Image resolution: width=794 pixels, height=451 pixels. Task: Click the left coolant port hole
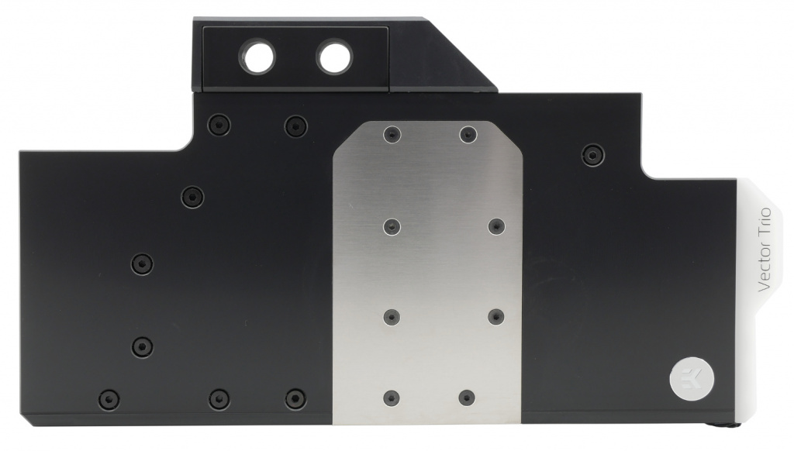[x=257, y=56]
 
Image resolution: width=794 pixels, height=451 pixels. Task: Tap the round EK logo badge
[x=692, y=379]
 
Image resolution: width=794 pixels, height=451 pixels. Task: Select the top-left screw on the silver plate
[x=392, y=135]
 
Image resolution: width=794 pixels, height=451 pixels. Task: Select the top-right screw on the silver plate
[x=468, y=135]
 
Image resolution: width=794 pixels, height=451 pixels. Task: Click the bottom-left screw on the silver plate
[x=392, y=398]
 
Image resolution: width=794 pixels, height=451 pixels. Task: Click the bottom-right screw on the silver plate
[x=467, y=398]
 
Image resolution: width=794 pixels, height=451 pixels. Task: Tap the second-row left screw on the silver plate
[x=392, y=226]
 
